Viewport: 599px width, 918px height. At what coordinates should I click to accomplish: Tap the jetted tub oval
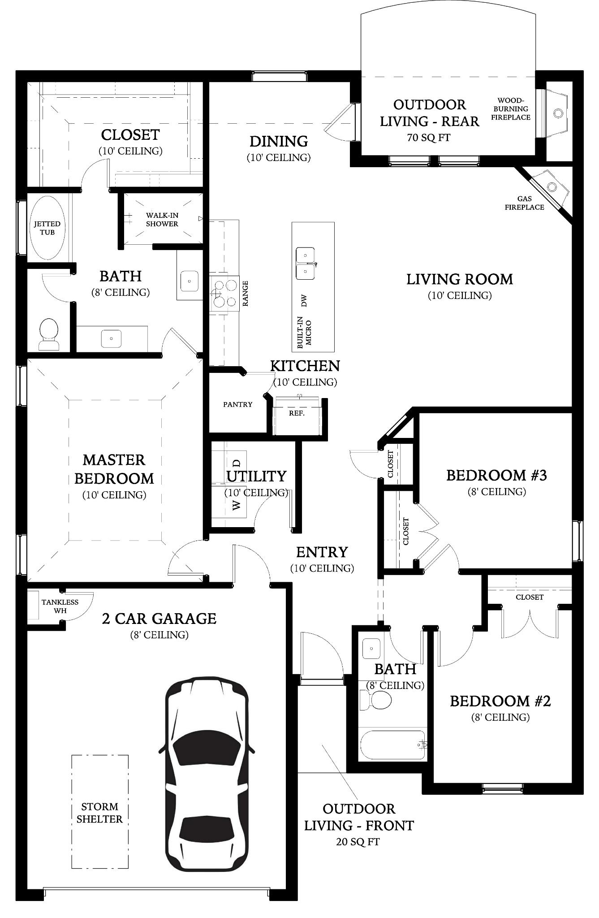pos(47,228)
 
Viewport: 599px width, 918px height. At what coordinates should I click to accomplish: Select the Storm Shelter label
pos(99,813)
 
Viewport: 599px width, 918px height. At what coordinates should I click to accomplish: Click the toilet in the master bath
pos(49,334)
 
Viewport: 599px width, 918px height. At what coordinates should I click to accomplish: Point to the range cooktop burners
pos(225,293)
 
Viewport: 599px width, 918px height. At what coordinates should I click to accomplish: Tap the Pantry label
pos(238,404)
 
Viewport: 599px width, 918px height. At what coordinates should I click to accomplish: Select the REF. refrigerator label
pos(297,413)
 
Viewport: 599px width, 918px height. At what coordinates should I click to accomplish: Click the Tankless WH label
pos(60,606)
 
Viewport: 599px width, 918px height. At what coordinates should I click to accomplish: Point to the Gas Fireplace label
pos(525,203)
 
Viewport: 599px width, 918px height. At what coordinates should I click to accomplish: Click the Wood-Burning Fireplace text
pos(511,109)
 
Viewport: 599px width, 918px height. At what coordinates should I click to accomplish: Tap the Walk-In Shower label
pos(162,220)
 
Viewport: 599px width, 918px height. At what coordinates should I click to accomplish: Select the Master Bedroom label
pos(114,469)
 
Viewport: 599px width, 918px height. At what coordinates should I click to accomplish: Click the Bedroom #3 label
pos(497,475)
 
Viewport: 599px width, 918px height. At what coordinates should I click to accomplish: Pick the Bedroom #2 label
pos(500,701)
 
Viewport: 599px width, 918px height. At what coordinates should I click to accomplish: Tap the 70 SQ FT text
pos(429,138)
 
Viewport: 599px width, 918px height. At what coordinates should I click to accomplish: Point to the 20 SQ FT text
pos(358,842)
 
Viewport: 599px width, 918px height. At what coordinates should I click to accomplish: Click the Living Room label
pos(460,279)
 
